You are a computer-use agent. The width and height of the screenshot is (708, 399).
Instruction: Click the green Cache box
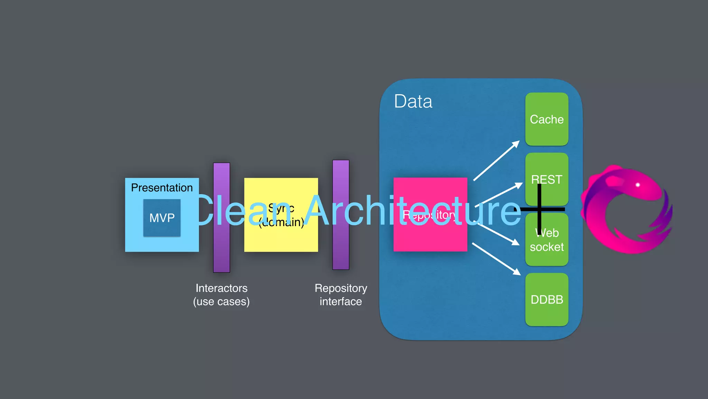pyautogui.click(x=547, y=119)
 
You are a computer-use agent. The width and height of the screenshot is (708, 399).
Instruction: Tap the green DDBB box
pyautogui.click(x=547, y=299)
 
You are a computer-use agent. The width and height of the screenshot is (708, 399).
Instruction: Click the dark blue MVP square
pyautogui.click(x=162, y=218)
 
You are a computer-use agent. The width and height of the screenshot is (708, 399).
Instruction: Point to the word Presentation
pyautogui.click(x=162, y=187)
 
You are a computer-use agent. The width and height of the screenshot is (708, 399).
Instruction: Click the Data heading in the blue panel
pyautogui.click(x=413, y=101)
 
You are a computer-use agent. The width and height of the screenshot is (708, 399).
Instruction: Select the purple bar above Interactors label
pyautogui.click(x=222, y=249)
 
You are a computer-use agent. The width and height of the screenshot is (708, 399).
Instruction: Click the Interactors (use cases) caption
pyautogui.click(x=222, y=295)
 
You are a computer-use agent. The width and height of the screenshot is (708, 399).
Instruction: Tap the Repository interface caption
pyautogui.click(x=341, y=295)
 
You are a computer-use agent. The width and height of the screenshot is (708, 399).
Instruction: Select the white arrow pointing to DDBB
pyautogui.click(x=496, y=259)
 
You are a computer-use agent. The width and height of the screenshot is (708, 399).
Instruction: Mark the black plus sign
pyautogui.click(x=539, y=209)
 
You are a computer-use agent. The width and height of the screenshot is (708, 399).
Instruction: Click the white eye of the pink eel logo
pyautogui.click(x=637, y=185)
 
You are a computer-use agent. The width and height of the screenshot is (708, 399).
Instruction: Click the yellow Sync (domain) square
pyautogui.click(x=281, y=239)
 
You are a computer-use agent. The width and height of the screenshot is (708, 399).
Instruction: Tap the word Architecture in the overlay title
pyautogui.click(x=413, y=211)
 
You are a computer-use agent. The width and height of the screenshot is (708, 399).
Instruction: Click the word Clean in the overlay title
pyautogui.click(x=242, y=211)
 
